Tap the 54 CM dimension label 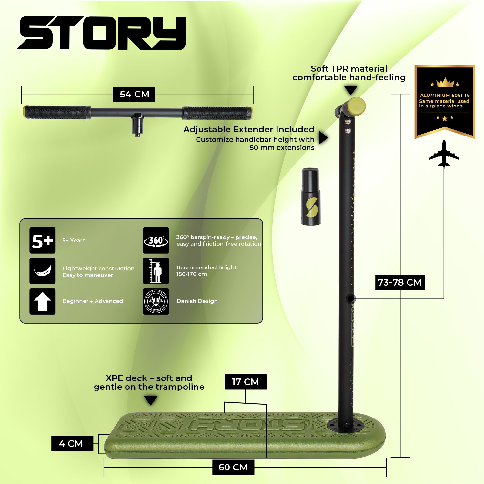click(x=134, y=94)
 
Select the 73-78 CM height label click(x=400, y=282)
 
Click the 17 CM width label click(x=245, y=382)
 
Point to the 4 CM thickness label click(x=71, y=443)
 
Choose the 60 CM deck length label click(x=233, y=467)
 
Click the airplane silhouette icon click(x=444, y=154)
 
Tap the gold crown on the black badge click(x=445, y=83)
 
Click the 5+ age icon click(x=43, y=241)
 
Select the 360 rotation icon click(x=156, y=241)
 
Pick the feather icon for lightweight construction click(x=43, y=271)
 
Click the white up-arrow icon click(x=43, y=301)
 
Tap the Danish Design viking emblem click(x=156, y=301)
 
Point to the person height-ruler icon click(x=156, y=271)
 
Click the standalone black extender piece click(x=311, y=197)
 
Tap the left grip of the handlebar click(x=56, y=112)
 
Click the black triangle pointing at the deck click(x=151, y=400)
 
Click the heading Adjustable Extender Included click(x=249, y=129)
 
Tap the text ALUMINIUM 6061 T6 click(x=445, y=95)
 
